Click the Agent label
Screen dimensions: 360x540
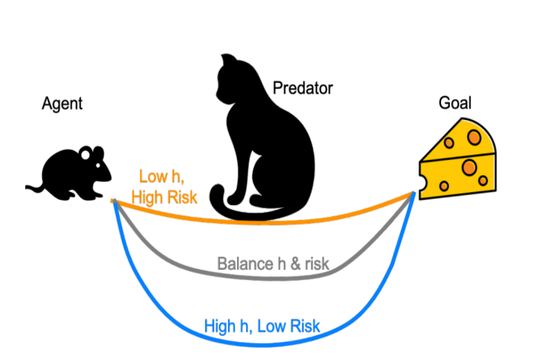click(x=62, y=103)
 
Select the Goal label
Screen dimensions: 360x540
click(x=455, y=103)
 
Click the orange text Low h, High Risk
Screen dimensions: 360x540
click(x=164, y=187)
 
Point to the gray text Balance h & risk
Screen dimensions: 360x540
click(x=273, y=263)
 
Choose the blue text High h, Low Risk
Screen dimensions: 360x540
click(x=262, y=326)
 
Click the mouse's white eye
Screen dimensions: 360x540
click(x=86, y=155)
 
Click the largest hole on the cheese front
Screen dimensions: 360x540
click(x=469, y=166)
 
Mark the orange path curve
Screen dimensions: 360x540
click(x=336, y=217)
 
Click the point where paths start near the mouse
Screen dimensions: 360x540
click(x=113, y=200)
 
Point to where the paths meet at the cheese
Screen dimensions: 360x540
click(x=413, y=193)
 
